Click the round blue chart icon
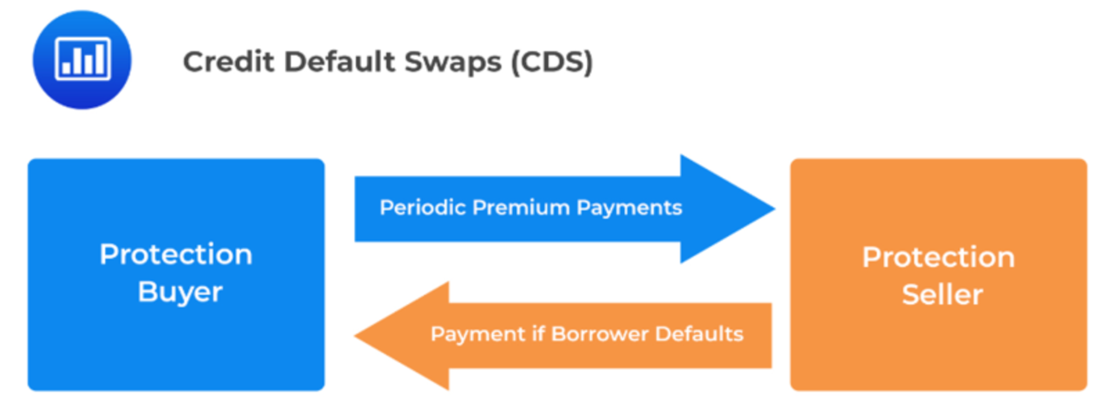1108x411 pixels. click(82, 59)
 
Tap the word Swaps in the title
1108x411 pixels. click(453, 62)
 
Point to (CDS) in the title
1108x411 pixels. click(552, 62)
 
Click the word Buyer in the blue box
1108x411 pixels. click(180, 293)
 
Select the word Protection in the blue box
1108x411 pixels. click(176, 254)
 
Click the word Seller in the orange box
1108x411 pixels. click(942, 295)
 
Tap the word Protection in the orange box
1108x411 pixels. click(938, 257)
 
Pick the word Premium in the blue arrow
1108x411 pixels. click(520, 208)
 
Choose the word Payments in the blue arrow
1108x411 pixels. click(629, 208)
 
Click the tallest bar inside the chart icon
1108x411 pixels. click(99, 59)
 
